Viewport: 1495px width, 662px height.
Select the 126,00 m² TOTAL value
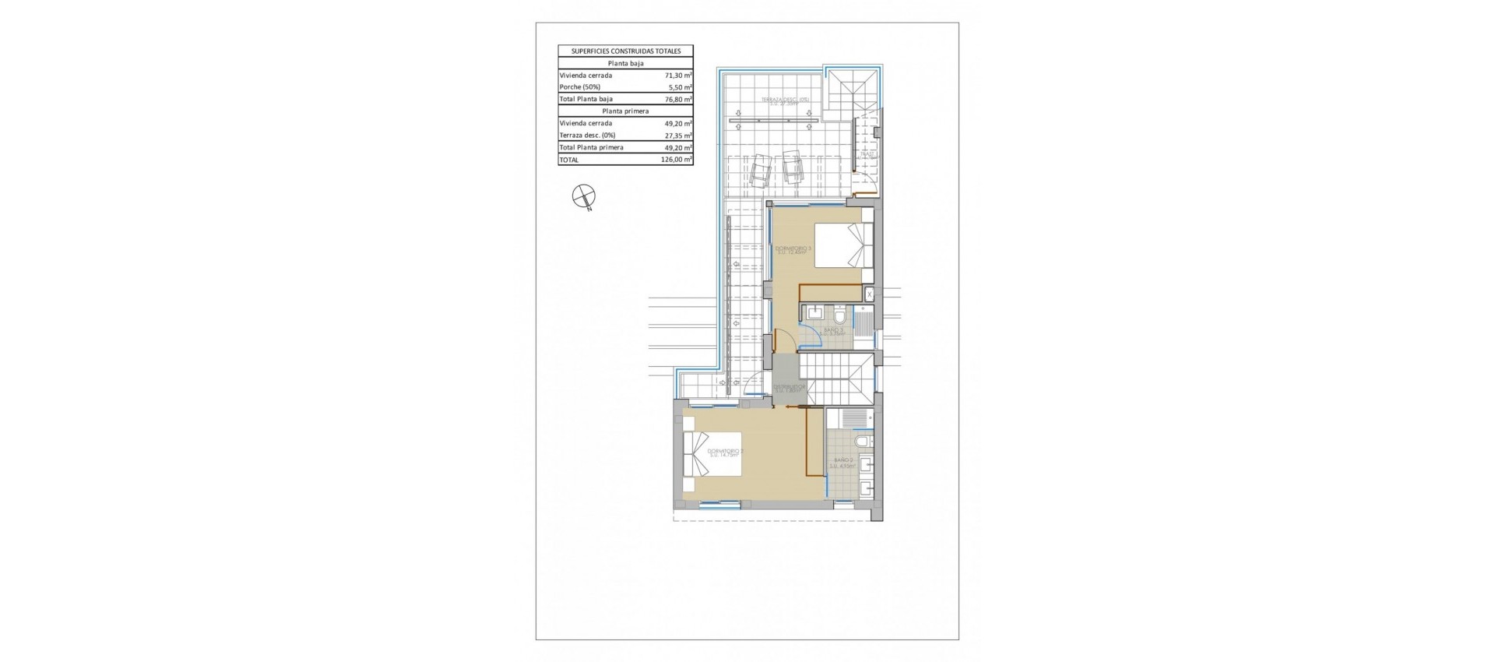click(x=676, y=160)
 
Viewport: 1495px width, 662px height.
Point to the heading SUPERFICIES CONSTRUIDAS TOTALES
click(x=625, y=51)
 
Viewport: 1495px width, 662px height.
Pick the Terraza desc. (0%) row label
click(x=587, y=136)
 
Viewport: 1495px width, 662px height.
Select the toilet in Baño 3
click(x=840, y=317)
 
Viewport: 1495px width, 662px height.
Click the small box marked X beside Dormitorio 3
click(x=870, y=294)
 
